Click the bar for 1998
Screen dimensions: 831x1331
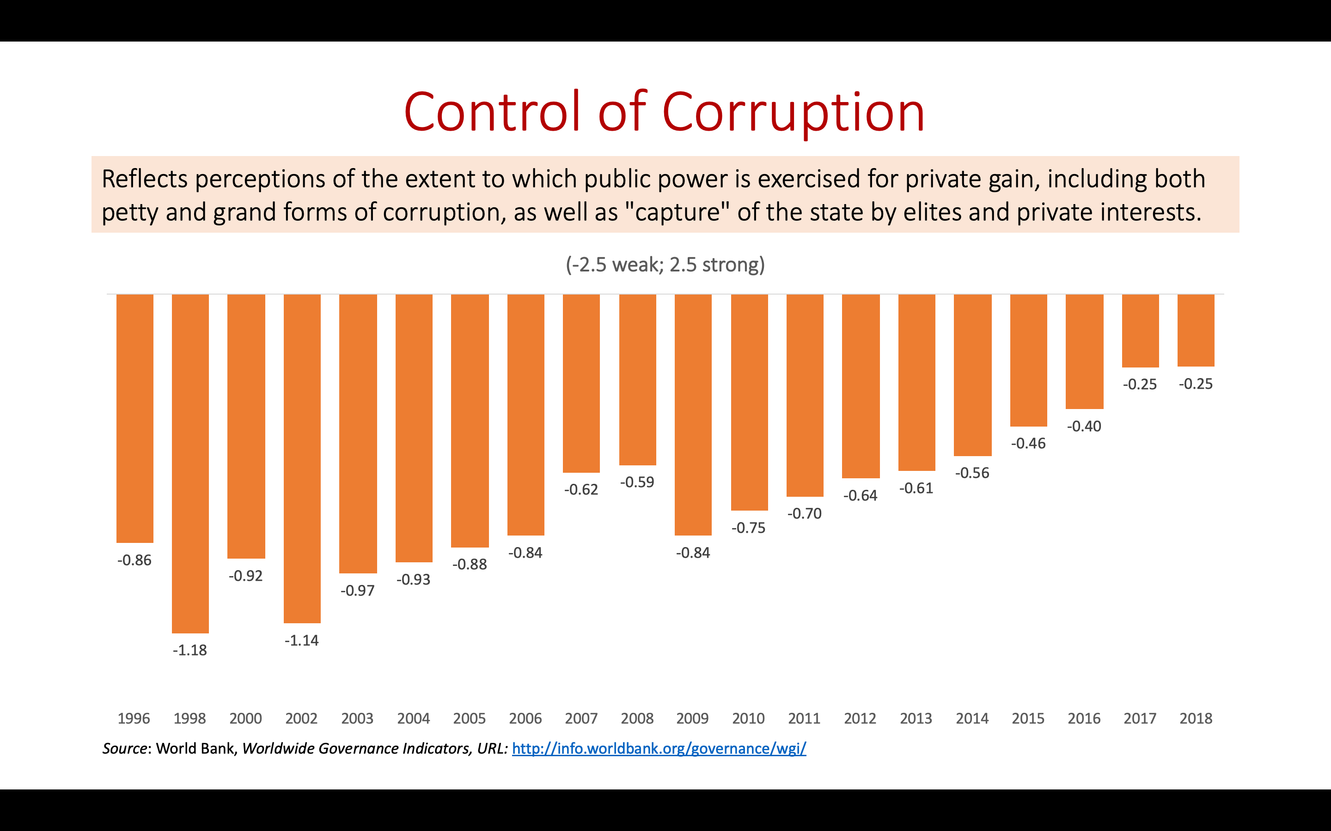point(190,464)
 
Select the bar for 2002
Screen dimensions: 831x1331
point(302,458)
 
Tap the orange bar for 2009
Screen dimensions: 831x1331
point(693,415)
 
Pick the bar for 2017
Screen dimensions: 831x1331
point(1140,331)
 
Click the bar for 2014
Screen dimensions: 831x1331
point(972,375)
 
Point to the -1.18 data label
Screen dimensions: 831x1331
point(190,650)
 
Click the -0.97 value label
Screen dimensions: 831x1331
point(358,591)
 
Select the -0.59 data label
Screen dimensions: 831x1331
point(637,482)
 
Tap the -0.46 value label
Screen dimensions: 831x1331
point(1028,444)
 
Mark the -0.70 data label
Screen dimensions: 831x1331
point(804,513)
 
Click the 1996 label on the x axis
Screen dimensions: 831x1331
point(134,718)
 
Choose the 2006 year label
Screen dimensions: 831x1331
point(525,718)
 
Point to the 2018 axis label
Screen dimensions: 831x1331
point(1196,718)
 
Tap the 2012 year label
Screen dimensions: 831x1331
point(860,718)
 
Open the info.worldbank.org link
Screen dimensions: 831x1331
point(659,748)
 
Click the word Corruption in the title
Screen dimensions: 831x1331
point(793,112)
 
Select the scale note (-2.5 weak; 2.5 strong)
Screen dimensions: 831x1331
point(665,265)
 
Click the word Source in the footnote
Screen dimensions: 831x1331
point(124,748)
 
